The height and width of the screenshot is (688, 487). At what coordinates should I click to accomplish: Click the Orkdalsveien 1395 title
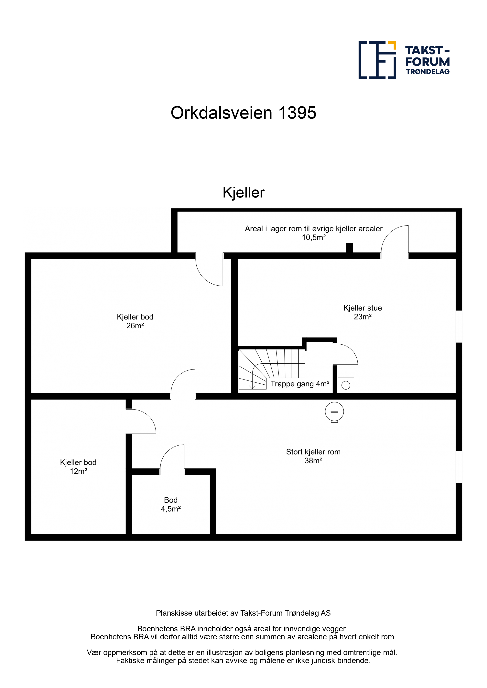243,113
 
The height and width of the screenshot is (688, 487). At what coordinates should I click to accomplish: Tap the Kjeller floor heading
243,192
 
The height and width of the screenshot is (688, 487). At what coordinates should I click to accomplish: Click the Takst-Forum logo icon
377,60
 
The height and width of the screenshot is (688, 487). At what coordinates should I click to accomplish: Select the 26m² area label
135,326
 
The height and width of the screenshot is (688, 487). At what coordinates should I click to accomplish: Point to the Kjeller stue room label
363,308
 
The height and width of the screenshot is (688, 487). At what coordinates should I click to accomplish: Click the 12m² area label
78,471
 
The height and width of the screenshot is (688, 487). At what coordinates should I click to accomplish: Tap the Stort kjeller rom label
313,452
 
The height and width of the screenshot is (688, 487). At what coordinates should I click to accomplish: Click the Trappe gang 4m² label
300,384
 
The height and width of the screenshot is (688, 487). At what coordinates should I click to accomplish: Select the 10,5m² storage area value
314,238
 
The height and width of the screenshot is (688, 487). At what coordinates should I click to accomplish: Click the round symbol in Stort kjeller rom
334,412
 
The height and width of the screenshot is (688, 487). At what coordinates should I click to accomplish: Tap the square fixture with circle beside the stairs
346,385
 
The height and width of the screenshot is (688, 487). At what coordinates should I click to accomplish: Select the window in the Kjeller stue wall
459,327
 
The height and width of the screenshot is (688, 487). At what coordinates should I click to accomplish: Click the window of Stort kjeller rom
459,467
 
